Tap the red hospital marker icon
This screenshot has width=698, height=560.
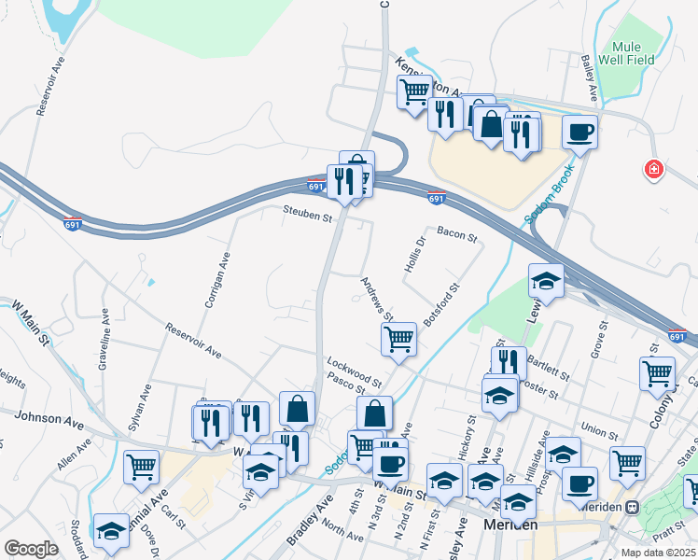(654, 169)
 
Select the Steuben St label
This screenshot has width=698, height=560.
(309, 217)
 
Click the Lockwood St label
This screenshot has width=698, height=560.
(355, 371)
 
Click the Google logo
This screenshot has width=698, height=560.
(31, 549)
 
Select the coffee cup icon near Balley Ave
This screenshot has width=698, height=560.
(579, 132)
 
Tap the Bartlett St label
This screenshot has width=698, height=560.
(549, 367)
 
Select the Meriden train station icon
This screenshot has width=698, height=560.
(632, 507)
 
